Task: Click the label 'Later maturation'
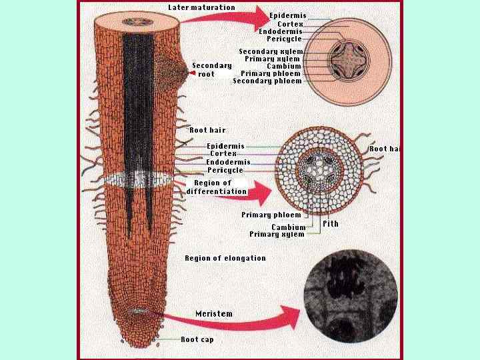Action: pyautogui.click(x=201, y=7)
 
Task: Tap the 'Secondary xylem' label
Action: pyautogui.click(x=271, y=51)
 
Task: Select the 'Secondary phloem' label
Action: pyautogui.click(x=267, y=81)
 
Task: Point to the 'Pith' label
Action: pyautogui.click(x=330, y=224)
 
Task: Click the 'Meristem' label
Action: pyautogui.click(x=214, y=313)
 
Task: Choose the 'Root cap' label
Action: pyautogui.click(x=197, y=339)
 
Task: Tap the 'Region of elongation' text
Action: pyautogui.click(x=225, y=258)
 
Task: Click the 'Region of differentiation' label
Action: pyautogui.click(x=217, y=187)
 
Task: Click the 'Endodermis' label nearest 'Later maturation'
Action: pyautogui.click(x=280, y=31)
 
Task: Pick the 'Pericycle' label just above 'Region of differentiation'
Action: pyautogui.click(x=225, y=170)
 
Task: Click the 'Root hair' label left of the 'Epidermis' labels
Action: pyautogui.click(x=207, y=130)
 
